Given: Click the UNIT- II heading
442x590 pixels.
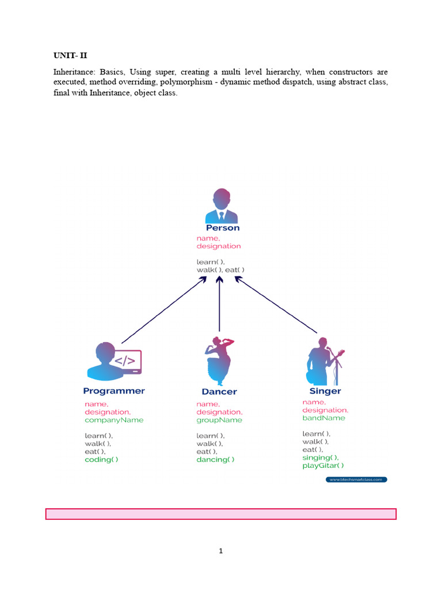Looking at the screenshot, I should tap(70, 56).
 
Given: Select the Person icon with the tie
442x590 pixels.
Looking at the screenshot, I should tap(222, 206).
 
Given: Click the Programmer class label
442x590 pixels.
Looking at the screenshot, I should tap(114, 391).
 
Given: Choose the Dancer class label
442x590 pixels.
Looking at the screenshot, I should tap(219, 392).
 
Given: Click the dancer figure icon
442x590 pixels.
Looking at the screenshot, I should tap(219, 361).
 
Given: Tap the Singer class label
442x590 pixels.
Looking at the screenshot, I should tap(325, 391).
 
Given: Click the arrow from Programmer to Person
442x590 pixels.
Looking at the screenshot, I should tap(163, 310).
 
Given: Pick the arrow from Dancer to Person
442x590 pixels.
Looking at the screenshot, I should tap(219, 305).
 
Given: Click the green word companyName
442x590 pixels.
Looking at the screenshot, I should tap(114, 420).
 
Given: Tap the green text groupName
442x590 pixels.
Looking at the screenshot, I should tap(219, 420).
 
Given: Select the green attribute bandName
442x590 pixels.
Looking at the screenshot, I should tap(324, 418).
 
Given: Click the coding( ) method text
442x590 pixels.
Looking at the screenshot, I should tap(102, 460).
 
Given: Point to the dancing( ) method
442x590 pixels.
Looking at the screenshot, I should tap(215, 460).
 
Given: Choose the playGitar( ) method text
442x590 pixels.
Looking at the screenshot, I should tap(323, 466).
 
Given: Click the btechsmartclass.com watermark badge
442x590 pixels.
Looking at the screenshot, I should tap(357, 479).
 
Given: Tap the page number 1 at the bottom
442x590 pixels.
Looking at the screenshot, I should tap(221, 551).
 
